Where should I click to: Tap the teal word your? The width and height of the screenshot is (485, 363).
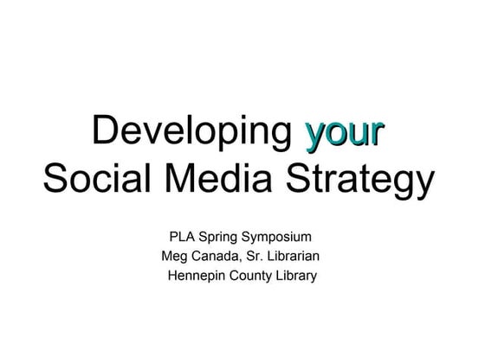[344, 132]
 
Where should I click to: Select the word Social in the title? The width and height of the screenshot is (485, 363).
[93, 181]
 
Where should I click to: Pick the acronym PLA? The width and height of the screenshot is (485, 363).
[184, 236]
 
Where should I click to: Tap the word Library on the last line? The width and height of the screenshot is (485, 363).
[296, 277]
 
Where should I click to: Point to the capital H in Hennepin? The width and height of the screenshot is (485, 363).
[173, 276]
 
